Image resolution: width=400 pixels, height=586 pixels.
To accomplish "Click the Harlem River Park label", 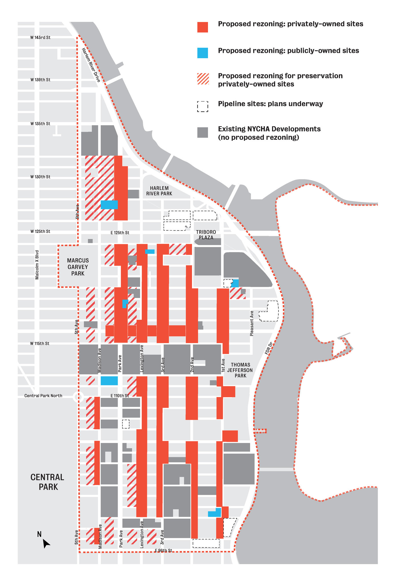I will pos(159,191).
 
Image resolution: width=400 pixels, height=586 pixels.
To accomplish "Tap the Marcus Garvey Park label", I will pos(78,267).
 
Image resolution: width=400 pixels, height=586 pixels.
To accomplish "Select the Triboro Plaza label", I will pos(206,235).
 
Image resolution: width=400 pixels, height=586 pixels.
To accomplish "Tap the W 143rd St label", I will pos(40,37).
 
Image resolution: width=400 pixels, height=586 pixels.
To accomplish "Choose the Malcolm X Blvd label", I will pos(37,265).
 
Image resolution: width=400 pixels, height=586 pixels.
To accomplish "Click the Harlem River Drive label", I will pos(91,65).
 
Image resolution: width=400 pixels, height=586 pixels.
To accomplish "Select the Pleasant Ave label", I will pos(252,323).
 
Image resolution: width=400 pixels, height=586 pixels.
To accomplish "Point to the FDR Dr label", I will pos(269,349).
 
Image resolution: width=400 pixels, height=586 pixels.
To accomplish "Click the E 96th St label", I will pos(163,550).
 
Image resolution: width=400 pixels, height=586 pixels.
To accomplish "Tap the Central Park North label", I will pos(43,396).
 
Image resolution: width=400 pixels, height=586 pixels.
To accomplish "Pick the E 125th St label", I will pos(120,233).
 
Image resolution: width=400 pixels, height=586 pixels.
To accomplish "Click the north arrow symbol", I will pos(46,543).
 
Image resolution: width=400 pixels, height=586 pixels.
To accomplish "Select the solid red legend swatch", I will pos(203,27).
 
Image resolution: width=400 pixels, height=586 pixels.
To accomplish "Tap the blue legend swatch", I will pos(203,53).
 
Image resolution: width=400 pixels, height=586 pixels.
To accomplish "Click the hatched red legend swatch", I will pos(203,78).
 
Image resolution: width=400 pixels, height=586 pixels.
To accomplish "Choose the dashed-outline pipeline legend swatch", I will pos(203,106).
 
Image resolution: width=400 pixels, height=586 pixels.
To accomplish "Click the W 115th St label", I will pos(40,343).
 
